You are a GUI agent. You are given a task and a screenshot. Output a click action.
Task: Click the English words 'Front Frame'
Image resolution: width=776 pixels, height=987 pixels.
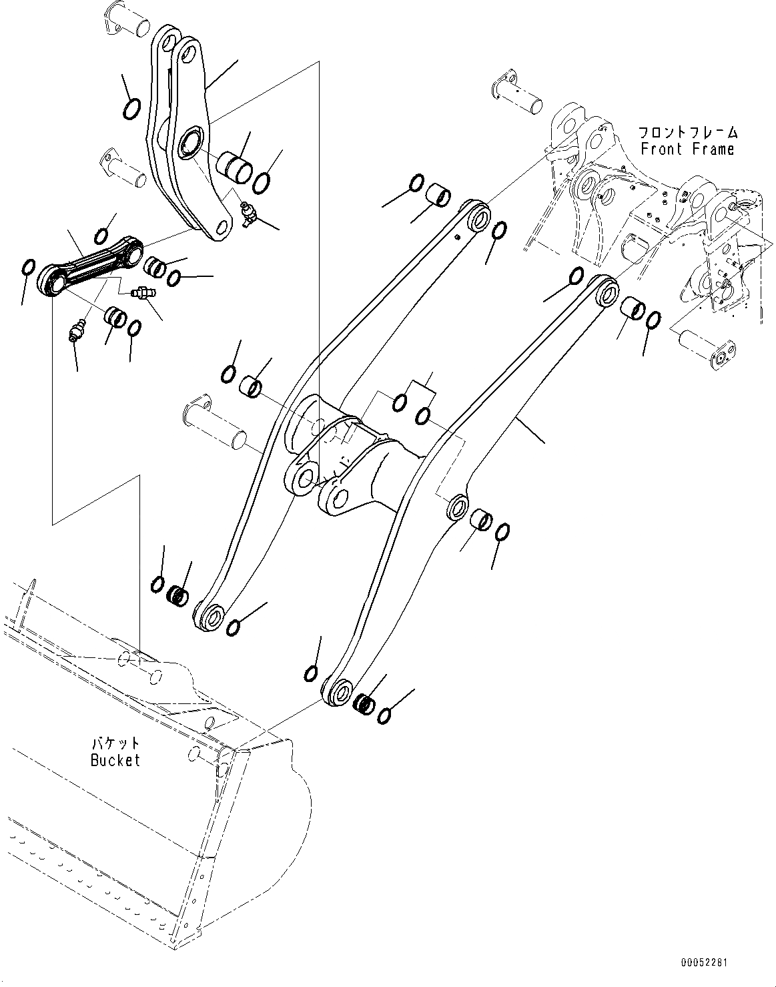point(687,149)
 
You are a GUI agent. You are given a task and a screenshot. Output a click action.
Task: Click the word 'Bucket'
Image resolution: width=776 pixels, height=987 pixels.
point(115,760)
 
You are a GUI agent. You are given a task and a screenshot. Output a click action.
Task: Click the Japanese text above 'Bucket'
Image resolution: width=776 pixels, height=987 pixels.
point(115,743)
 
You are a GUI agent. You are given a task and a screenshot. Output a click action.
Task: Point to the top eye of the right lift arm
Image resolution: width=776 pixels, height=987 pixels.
point(607,292)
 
